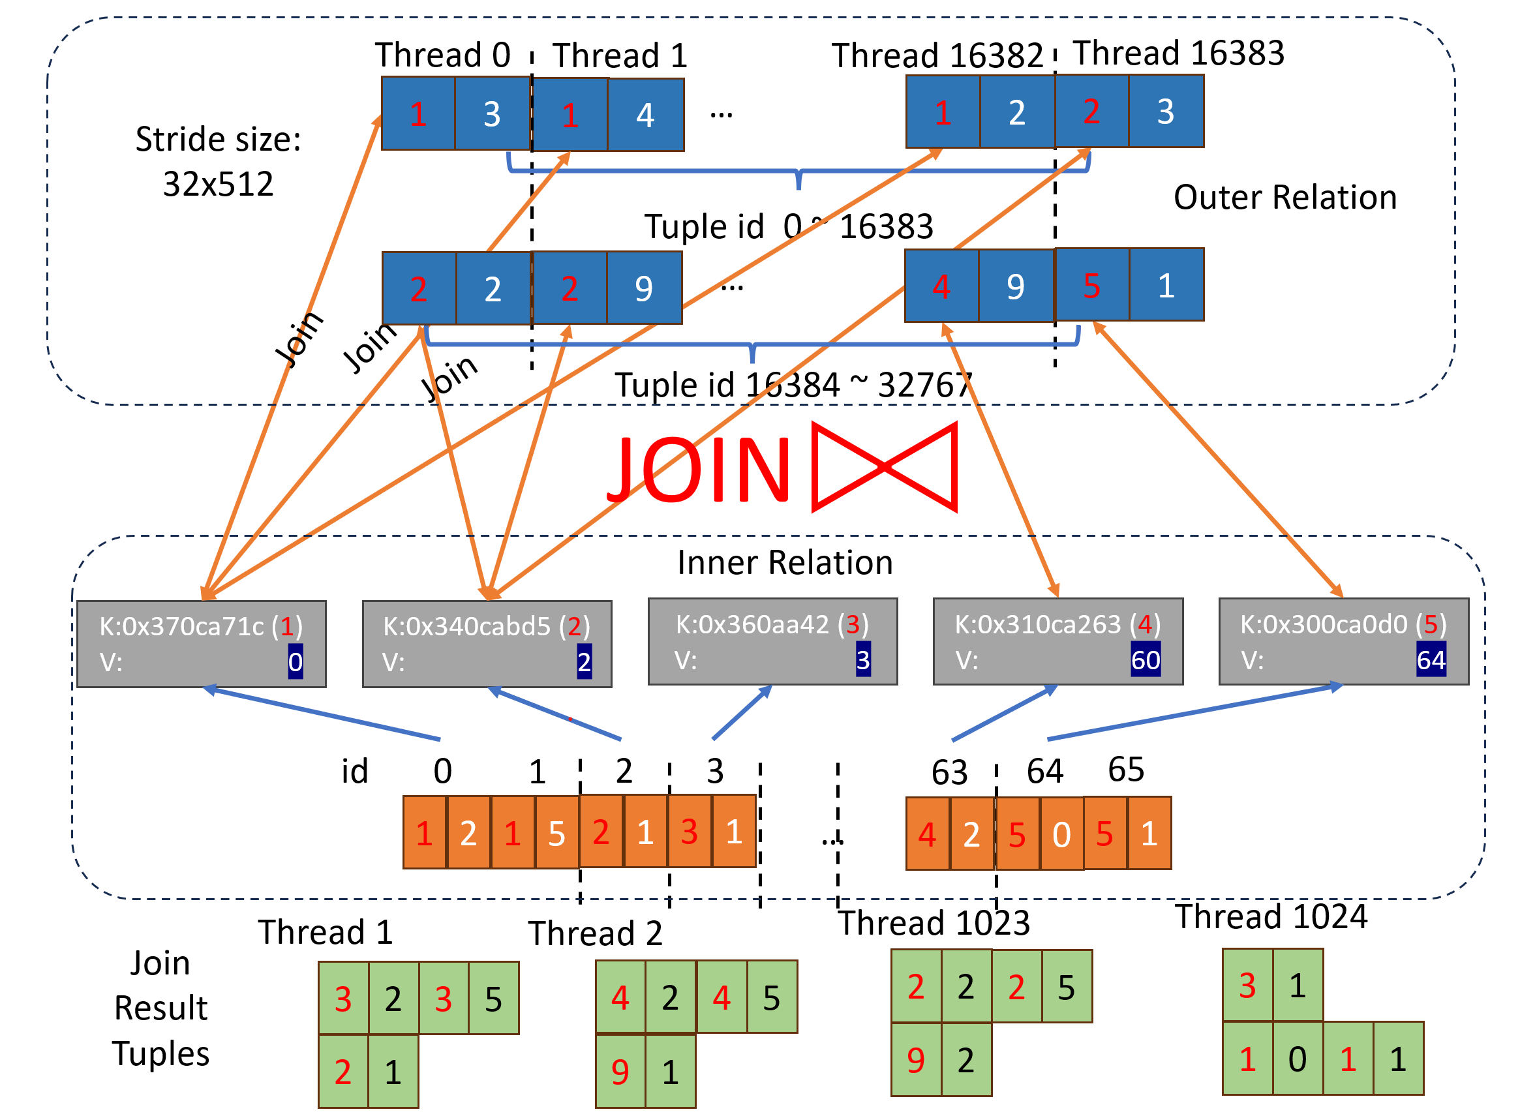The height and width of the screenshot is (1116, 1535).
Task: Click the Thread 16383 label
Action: tap(1178, 53)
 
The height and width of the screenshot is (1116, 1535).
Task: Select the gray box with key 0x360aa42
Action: tap(772, 642)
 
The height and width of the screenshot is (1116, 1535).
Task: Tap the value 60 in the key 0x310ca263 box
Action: tap(1145, 660)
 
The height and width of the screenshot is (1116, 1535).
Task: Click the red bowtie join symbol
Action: tap(884, 467)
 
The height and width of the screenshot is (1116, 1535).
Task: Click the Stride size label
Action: tap(218, 161)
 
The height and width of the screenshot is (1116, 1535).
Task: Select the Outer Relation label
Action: tap(1284, 198)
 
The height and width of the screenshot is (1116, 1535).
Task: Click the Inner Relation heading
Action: tap(785, 562)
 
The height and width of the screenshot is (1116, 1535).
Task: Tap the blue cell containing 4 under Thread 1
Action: tap(645, 115)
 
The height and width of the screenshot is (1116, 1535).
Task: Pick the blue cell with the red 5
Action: tap(1091, 285)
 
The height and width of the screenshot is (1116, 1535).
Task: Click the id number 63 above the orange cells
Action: tap(949, 773)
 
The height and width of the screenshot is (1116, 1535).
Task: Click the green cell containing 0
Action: tap(1297, 1059)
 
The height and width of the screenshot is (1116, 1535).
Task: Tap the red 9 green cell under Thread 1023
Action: tap(916, 1060)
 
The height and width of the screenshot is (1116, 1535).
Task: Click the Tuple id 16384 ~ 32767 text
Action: tap(793, 385)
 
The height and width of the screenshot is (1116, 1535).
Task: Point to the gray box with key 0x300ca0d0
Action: tap(1343, 642)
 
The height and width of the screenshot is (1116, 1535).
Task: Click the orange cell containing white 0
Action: tap(1061, 834)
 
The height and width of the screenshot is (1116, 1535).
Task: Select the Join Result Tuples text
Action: tap(161, 1008)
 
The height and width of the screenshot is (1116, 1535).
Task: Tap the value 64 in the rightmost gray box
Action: tap(1431, 660)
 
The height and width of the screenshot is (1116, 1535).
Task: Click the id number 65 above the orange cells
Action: tap(1125, 770)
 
